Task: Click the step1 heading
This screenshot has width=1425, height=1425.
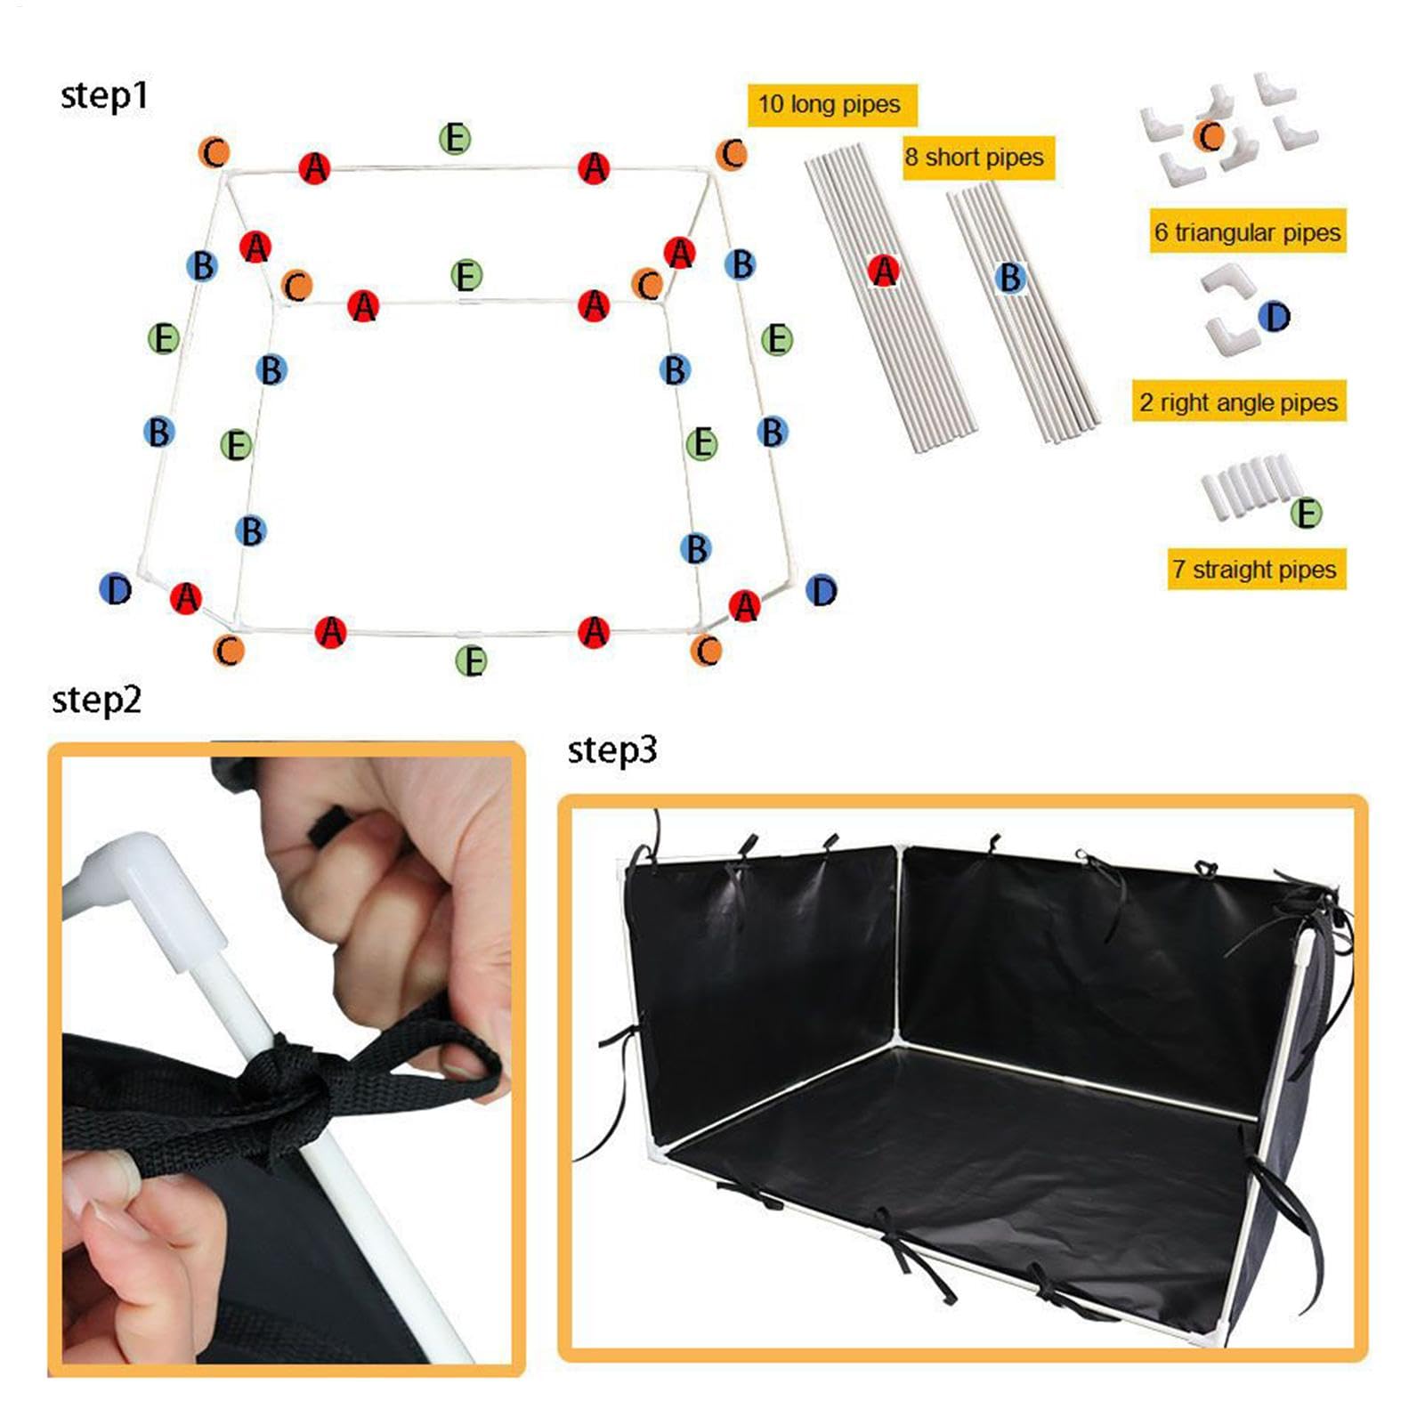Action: tap(104, 95)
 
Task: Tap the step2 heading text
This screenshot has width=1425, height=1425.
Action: tap(96, 700)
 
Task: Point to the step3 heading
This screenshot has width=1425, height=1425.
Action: tap(612, 749)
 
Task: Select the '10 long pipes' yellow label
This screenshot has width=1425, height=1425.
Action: tap(831, 105)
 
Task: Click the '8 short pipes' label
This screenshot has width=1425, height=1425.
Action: tap(977, 158)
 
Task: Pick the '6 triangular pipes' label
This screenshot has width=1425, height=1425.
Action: tap(1247, 231)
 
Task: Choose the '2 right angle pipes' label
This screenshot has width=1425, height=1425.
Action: tap(1238, 401)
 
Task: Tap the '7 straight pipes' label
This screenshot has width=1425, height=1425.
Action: tap(1256, 569)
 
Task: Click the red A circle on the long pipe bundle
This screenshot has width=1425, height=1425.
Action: tap(884, 271)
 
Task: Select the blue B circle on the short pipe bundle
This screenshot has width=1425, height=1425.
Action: tap(1010, 278)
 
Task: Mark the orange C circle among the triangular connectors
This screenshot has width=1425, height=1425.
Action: tap(1210, 136)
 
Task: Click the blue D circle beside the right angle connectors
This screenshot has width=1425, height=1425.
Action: tap(1275, 316)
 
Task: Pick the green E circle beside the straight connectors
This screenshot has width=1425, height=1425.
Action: tap(1307, 513)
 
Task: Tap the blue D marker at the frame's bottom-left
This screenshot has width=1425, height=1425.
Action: tap(116, 588)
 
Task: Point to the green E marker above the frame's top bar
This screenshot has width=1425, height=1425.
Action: tap(455, 138)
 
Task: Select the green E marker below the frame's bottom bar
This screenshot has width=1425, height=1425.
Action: tap(471, 660)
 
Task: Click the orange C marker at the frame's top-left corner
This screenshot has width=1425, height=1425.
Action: tap(214, 152)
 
